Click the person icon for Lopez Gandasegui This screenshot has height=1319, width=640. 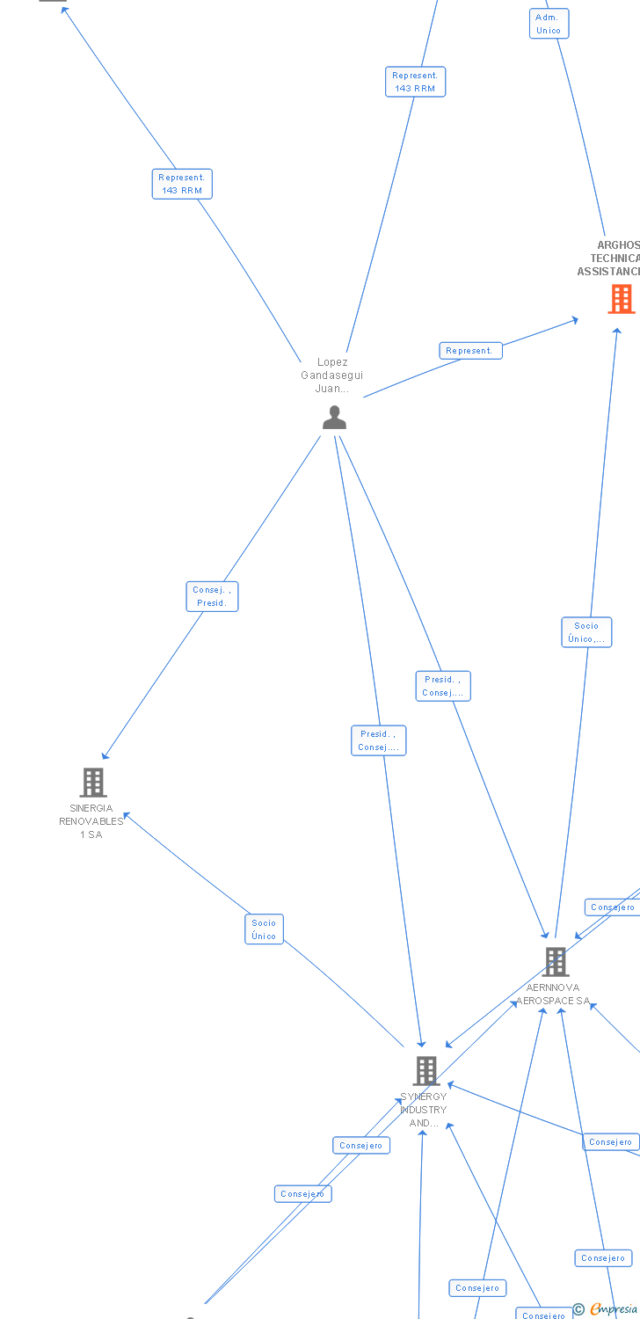click(x=334, y=418)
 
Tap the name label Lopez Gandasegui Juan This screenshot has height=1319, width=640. click(x=332, y=375)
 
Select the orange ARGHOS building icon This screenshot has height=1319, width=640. click(x=622, y=300)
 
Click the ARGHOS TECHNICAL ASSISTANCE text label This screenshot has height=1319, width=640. click(x=612, y=259)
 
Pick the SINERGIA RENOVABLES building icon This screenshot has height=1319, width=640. click(x=92, y=782)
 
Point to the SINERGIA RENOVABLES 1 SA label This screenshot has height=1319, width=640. click(x=91, y=821)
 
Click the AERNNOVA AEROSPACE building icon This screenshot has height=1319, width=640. click(x=555, y=962)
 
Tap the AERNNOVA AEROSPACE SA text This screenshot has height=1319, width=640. click(x=553, y=995)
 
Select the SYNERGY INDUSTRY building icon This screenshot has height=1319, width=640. click(x=426, y=1070)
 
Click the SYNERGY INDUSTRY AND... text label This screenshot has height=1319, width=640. click(x=424, y=1110)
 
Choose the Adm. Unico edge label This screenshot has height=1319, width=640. click(x=549, y=24)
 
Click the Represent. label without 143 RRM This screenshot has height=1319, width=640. click(x=470, y=351)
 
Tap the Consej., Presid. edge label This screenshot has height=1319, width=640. click(x=212, y=596)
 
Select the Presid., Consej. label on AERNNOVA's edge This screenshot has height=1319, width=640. click(x=443, y=686)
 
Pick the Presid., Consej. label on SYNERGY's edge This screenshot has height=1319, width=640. click(x=379, y=740)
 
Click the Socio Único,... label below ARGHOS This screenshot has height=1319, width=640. click(x=586, y=632)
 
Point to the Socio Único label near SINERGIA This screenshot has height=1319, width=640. click(x=264, y=929)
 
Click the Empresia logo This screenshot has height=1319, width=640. click(x=614, y=1309)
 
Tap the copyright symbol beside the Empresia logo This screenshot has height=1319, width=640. click(x=578, y=1309)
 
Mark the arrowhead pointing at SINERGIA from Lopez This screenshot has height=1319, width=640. click(x=105, y=756)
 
